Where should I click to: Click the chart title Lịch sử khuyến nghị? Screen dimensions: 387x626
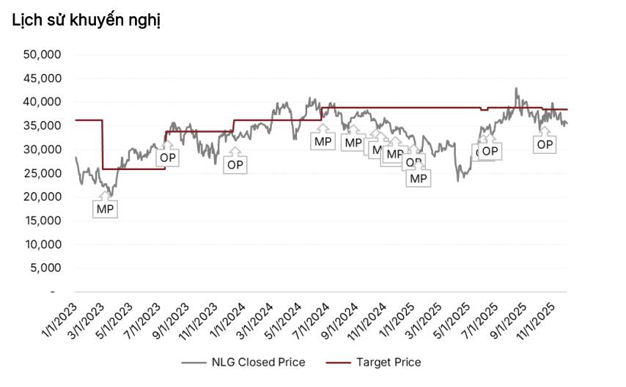tap(86, 21)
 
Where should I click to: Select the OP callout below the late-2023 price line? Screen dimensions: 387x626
tap(235, 165)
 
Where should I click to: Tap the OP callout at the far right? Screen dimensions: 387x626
tap(545, 144)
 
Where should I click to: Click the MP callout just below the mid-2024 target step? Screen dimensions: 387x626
tap(322, 140)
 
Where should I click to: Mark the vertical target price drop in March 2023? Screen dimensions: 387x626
tap(103, 144)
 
